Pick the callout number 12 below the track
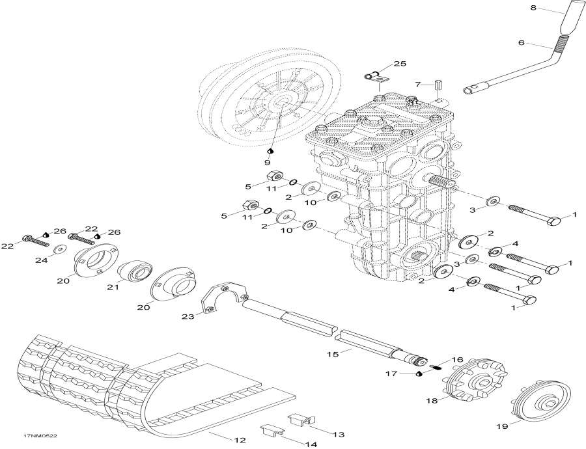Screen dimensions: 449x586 [240, 441]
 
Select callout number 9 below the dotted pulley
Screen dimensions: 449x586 [267, 162]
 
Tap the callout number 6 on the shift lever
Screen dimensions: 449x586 [520, 43]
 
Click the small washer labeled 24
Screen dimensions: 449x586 [59, 248]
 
